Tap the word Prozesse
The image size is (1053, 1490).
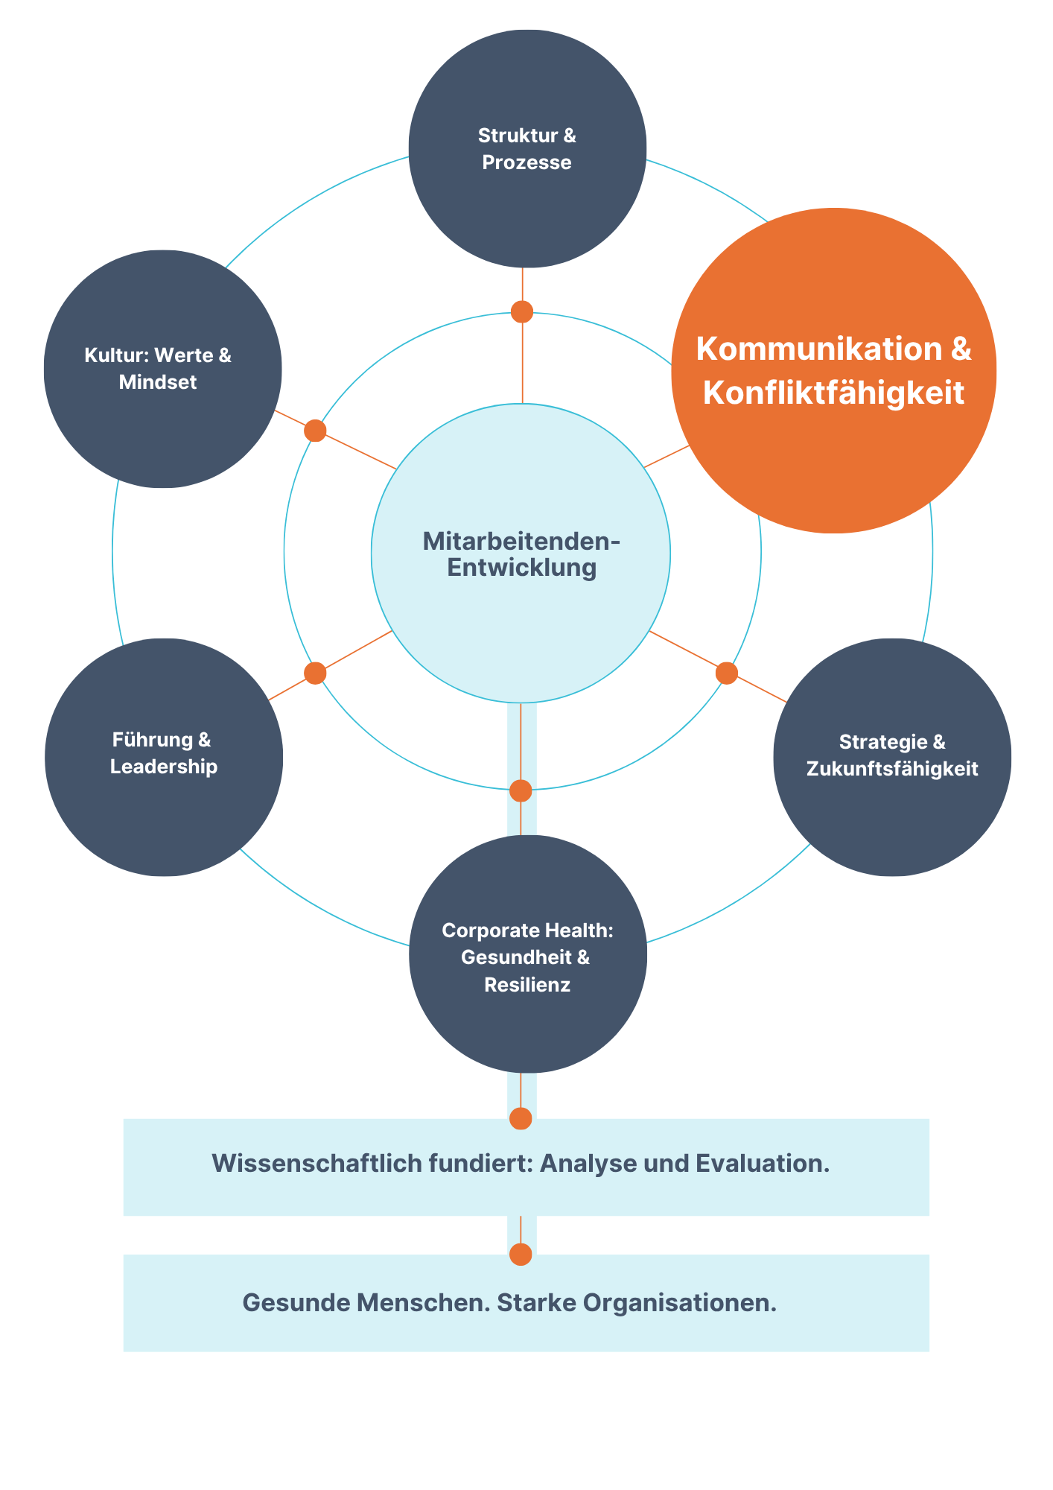pos(526,162)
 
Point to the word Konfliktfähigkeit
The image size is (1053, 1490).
pos(833,393)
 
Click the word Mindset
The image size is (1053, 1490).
pos(158,382)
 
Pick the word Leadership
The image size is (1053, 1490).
pos(164,767)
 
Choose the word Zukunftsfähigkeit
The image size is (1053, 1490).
pos(892,769)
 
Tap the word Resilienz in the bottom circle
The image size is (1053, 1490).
pos(527,985)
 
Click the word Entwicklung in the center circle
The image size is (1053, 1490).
pos(521,568)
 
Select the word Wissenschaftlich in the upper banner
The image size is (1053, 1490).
pos(316,1164)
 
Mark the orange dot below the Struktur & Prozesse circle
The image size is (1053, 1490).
pos(522,311)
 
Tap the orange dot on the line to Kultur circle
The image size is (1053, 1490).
pos(315,431)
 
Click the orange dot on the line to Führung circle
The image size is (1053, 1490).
pos(315,673)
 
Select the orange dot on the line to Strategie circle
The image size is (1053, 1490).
pos(727,673)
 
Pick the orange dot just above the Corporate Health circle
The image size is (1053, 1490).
pos(521,790)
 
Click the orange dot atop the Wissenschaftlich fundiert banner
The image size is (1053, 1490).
pos(521,1118)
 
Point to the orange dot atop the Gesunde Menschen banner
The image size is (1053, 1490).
pos(521,1255)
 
